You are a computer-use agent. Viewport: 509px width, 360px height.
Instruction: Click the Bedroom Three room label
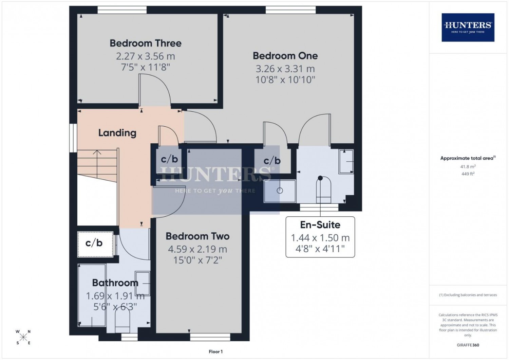tap(146, 43)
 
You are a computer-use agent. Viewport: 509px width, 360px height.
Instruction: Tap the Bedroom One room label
tap(285, 56)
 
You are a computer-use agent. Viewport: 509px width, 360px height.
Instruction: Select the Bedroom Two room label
tap(197, 236)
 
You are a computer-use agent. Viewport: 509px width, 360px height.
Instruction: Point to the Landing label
tap(117, 133)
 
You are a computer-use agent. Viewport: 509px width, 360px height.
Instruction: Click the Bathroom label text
tap(115, 283)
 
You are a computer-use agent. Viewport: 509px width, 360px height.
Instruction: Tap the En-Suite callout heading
tap(320, 225)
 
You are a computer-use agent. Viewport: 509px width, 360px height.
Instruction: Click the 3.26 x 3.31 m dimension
tap(285, 69)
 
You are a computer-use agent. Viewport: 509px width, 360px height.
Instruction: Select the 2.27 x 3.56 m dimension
tap(146, 56)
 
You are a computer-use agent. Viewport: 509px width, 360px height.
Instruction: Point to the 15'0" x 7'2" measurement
tap(197, 260)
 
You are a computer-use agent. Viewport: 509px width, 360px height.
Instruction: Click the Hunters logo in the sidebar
tap(468, 27)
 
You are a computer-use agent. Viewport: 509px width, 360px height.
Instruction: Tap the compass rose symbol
tap(23, 337)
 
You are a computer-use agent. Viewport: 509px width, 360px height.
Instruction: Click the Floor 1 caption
tap(215, 352)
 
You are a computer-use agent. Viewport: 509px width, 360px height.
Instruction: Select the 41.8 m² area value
tap(468, 166)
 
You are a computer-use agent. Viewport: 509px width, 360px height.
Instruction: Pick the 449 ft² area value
tap(468, 174)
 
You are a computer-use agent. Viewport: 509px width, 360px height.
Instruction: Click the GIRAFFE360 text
tap(468, 345)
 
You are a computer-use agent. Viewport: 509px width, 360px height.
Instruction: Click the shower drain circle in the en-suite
tap(280, 191)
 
